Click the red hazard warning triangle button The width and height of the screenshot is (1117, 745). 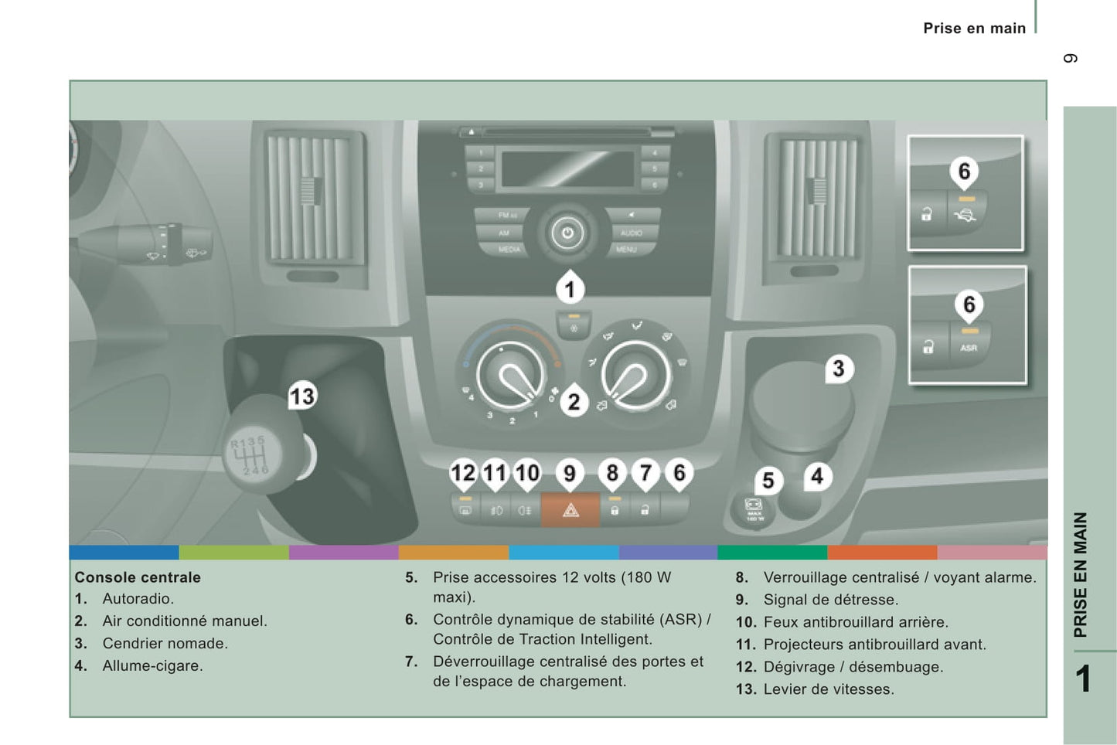click(570, 510)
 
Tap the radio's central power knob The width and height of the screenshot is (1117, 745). click(567, 233)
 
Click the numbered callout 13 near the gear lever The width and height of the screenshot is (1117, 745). click(301, 396)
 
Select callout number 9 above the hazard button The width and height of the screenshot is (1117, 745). click(570, 472)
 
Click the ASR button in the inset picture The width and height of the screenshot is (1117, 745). click(969, 347)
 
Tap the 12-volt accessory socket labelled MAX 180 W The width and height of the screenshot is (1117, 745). click(754, 511)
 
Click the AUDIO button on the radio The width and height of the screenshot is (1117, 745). click(631, 233)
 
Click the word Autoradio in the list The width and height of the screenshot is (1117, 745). click(138, 598)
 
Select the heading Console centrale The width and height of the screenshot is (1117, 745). click(138, 577)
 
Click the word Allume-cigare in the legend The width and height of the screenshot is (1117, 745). click(152, 665)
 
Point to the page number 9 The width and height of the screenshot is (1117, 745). click(1071, 59)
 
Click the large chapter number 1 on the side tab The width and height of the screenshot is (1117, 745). click(1083, 679)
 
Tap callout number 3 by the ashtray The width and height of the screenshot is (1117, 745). click(838, 369)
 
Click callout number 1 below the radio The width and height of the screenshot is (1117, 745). click(570, 290)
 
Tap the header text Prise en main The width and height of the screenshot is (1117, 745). click(974, 29)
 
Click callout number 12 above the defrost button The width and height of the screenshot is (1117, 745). click(463, 472)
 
